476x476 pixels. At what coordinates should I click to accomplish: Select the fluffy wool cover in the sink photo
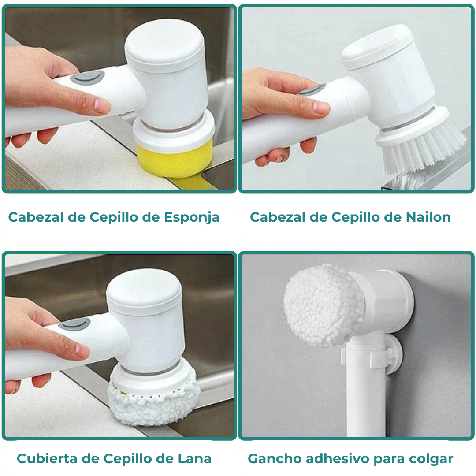(152, 401)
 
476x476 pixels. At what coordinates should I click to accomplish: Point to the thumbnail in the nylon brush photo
(321, 107)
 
